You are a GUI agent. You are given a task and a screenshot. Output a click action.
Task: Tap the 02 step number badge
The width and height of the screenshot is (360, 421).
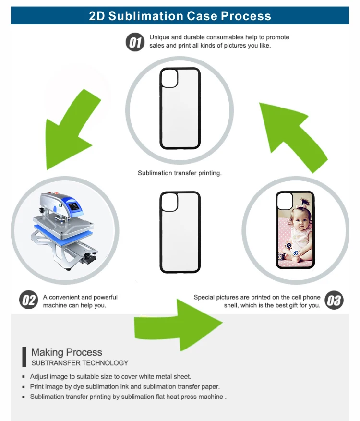coord(28,301)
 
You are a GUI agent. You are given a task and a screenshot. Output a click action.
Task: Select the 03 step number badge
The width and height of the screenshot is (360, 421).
coord(334,301)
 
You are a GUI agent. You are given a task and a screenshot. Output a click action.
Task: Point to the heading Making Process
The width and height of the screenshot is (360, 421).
coord(66,352)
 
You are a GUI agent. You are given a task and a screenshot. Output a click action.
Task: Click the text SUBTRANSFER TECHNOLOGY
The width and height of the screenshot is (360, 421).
coord(80,363)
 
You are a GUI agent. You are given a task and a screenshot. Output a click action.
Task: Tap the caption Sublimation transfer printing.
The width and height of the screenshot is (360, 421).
coord(180,173)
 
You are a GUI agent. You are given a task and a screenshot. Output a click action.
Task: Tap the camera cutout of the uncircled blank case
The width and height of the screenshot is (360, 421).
coord(169,203)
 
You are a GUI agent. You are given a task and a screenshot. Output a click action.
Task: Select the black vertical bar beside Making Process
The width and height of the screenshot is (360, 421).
coord(24,357)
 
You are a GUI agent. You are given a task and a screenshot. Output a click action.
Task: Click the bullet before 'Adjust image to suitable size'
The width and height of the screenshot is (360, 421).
coord(24,377)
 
